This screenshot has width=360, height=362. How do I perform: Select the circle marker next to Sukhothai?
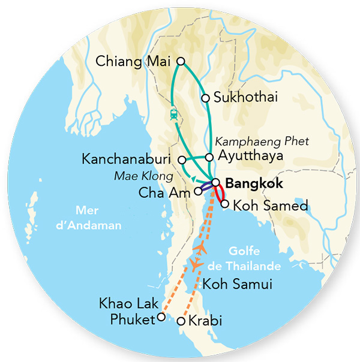click(205, 98)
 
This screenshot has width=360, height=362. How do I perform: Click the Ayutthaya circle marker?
click(209, 157)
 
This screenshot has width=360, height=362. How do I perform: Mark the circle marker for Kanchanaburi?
click(182, 160)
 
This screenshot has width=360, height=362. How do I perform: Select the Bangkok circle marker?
click(215, 183)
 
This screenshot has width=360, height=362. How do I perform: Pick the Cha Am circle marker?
click(198, 193)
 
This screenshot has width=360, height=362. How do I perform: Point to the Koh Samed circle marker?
click(224, 204)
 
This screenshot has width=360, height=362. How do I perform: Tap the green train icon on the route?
click(173, 114)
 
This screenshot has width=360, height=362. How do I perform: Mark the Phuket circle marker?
click(160, 318)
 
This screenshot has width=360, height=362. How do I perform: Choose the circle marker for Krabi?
click(181, 322)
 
